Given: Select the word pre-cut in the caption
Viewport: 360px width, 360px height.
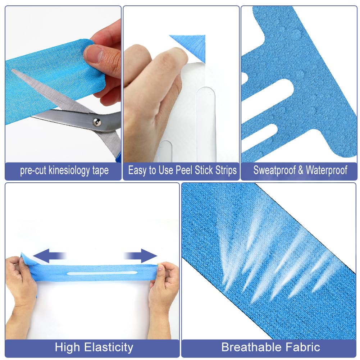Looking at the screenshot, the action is pyautogui.click(x=33, y=171).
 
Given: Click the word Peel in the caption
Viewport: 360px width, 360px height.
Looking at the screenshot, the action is pyautogui.click(x=184, y=170).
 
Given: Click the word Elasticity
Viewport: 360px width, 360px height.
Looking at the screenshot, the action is pyautogui.click(x=109, y=347).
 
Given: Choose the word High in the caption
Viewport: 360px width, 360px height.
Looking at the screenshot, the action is pyautogui.click(x=68, y=347).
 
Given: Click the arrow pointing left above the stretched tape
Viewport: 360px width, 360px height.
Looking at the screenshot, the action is pyautogui.click(x=49, y=256).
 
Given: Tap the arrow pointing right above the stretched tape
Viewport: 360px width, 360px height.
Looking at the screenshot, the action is pyautogui.click(x=140, y=256).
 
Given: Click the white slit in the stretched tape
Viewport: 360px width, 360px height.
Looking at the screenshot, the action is pyautogui.click(x=102, y=273).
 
